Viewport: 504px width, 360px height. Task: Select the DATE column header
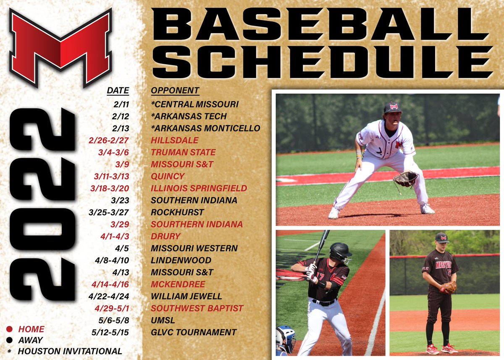118,90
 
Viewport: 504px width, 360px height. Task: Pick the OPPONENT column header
175,90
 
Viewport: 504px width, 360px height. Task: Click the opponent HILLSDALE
174,140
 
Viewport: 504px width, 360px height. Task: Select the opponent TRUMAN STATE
183,152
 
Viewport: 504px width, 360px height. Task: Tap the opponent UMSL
163,321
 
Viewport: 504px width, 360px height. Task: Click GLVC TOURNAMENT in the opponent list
194,332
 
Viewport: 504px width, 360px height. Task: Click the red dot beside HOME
10,329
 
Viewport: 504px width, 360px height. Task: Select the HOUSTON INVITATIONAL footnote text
70,351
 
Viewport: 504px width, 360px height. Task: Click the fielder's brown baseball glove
405,179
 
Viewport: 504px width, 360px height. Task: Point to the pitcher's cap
442,237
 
